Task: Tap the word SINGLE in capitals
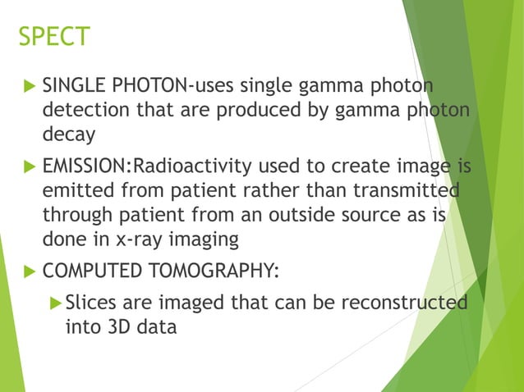(72, 87)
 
